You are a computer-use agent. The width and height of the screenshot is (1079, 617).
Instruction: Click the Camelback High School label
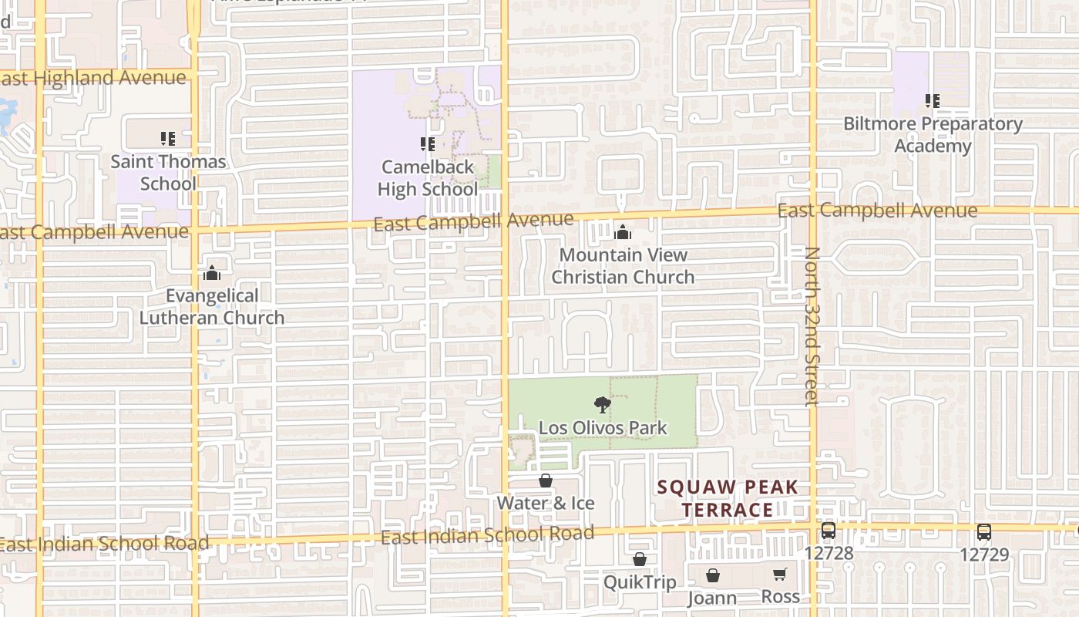point(428,178)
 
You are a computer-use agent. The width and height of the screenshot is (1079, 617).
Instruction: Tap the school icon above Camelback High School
point(428,144)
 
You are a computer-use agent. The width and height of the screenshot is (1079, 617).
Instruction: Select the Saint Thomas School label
point(168,173)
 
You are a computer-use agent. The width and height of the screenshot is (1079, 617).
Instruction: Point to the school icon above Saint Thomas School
point(168,139)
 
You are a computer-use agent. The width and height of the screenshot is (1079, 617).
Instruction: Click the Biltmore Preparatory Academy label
point(933,135)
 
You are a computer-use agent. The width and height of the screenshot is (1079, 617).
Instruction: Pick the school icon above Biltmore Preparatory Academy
point(933,101)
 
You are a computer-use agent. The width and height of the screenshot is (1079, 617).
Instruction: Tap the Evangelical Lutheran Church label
point(212,307)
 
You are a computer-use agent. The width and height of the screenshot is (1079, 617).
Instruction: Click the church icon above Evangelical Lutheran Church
point(212,273)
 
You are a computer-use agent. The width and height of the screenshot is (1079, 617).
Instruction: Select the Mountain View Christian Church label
point(623,266)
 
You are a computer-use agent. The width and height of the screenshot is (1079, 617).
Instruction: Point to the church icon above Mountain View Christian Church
point(623,232)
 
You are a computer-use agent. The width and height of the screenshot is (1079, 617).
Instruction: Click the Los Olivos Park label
point(603,428)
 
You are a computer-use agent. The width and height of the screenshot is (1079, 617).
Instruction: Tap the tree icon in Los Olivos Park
point(603,404)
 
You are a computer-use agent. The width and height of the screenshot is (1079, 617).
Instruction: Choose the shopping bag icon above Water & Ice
point(546,480)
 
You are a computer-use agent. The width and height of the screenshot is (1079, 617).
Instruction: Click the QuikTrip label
point(640,582)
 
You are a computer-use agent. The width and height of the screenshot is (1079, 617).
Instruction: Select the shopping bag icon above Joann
point(713,575)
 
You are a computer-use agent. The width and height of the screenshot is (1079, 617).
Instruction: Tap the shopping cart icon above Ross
point(780,575)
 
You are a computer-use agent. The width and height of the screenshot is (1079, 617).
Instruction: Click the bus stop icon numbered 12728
point(829,531)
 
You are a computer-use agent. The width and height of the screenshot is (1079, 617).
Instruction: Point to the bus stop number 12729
point(984,554)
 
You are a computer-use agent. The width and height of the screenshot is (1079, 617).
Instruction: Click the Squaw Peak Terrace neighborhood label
point(728,498)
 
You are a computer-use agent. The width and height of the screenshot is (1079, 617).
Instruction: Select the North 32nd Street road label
point(812,326)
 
